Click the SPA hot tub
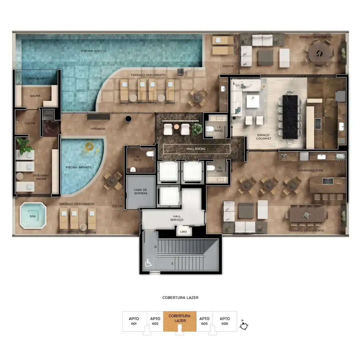click(33, 216)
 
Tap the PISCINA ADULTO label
click(93, 51)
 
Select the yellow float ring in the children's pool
click(89, 146)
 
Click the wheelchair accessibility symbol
click(148, 263)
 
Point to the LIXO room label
click(183, 232)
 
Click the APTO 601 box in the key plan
click(134, 321)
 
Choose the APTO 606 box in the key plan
click(225, 321)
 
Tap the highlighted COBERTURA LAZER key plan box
click(180, 321)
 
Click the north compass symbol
click(244, 325)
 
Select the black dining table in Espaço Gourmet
click(290, 117)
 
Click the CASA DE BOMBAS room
click(141, 192)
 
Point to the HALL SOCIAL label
click(196, 149)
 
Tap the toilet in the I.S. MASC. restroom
click(210, 129)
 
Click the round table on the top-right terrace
click(320, 54)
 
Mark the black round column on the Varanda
click(128, 119)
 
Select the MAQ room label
click(48, 115)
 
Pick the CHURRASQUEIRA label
click(310, 170)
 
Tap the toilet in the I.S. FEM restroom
click(211, 168)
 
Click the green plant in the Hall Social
click(197, 129)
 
